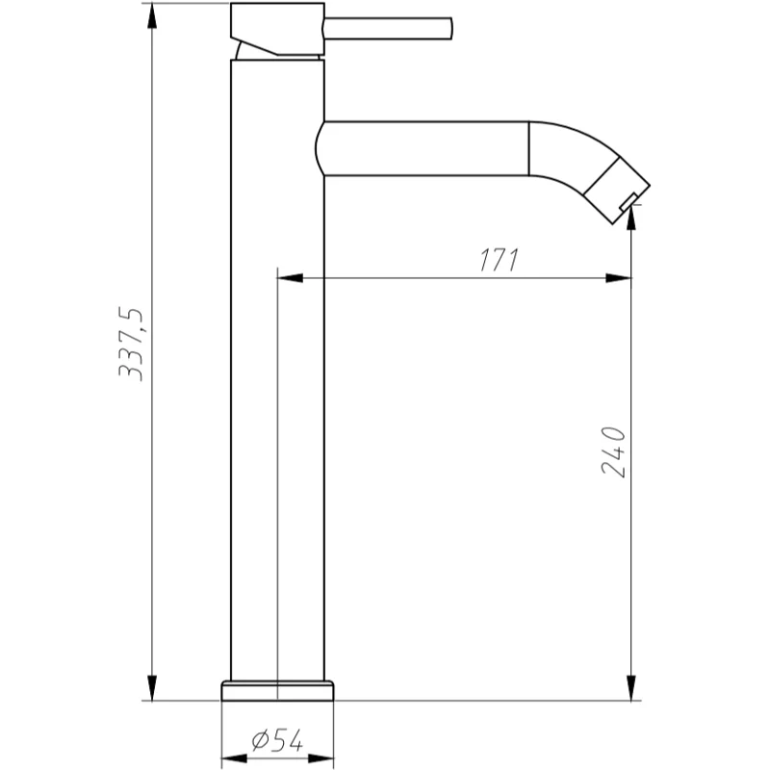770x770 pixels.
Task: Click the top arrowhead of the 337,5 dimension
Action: pyautogui.click(x=151, y=14)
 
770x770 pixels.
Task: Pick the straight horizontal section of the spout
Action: pyautogui.click(x=423, y=149)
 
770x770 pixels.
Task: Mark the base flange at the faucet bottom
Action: pyautogui.click(x=277, y=690)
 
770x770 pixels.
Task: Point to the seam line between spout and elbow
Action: pyautogui.click(x=529, y=149)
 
